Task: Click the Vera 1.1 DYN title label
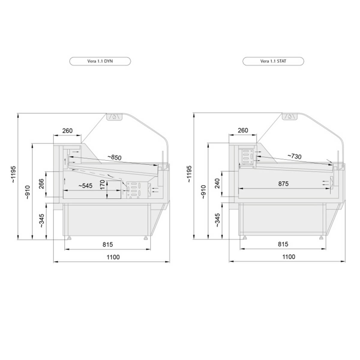[100, 61]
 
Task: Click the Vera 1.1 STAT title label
[273, 61]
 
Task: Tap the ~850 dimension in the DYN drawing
[114, 157]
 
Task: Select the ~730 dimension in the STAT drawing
[294, 156]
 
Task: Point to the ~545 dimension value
[85, 186]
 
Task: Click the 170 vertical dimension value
[103, 184]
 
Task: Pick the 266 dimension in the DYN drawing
[41, 184]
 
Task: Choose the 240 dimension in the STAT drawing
[217, 184]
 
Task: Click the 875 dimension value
[283, 184]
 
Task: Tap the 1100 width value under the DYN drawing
[113, 257]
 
